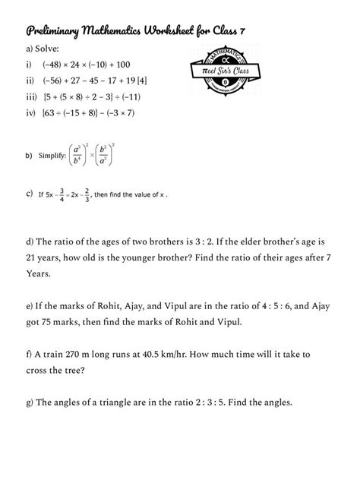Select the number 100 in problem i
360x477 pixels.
[146, 65]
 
